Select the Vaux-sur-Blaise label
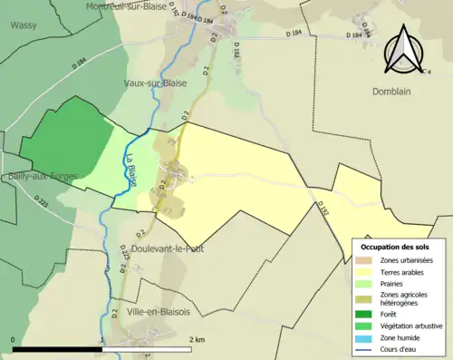(x=155, y=83)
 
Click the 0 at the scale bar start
(x=14, y=339)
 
